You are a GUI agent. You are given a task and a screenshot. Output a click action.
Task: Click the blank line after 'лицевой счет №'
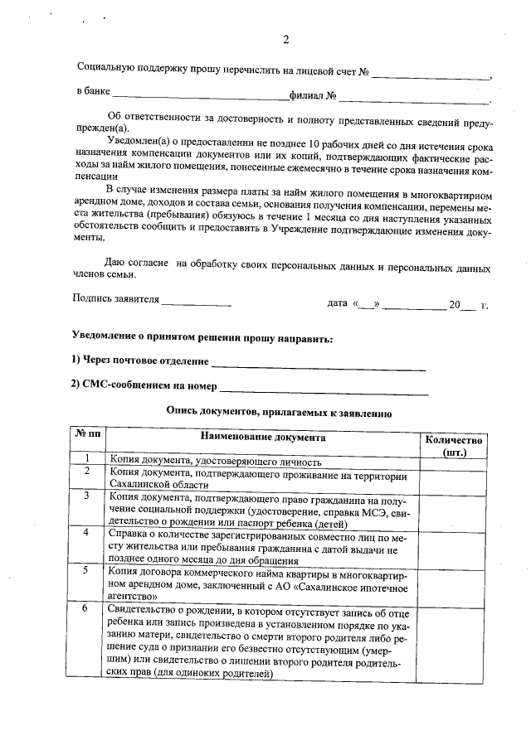pos(431,75)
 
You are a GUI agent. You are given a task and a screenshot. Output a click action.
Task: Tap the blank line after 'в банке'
pos(200,99)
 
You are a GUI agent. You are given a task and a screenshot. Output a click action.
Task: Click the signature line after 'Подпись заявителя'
pos(196,305)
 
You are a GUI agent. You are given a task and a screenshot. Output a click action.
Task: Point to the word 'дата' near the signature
pos(337,303)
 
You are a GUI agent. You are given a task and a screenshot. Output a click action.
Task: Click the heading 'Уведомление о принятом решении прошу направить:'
pos(203,340)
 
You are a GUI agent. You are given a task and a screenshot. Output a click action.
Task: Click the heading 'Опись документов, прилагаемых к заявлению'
pos(279,410)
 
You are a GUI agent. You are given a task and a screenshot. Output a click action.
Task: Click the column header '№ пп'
pos(87,437)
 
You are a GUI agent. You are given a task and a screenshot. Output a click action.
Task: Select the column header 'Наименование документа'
pos(262,437)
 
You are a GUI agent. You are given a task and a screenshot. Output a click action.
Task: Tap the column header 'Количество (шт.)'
pos(453,445)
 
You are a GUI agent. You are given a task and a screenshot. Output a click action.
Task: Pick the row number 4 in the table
pos(87,531)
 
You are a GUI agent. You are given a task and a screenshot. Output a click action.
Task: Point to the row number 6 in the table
pos(87,609)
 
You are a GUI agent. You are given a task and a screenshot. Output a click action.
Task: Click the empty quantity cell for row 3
pos(453,506)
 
